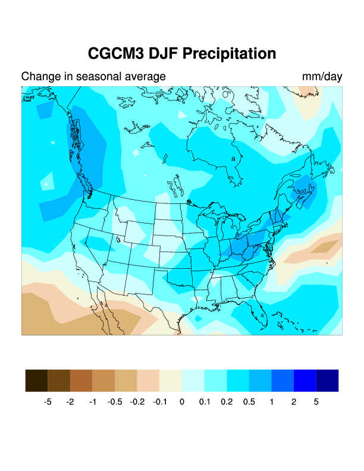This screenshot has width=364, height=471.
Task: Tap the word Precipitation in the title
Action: click(230, 54)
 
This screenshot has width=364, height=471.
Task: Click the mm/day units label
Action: click(322, 77)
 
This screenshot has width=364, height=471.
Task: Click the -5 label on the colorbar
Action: click(48, 402)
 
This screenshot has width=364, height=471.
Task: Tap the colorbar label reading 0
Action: click(182, 402)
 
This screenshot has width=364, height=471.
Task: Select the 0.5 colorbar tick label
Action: click(249, 402)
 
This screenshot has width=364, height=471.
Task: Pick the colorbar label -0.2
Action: click(137, 402)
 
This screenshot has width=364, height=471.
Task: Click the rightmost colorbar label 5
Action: click(316, 402)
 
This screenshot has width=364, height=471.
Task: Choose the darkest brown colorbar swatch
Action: click(36, 380)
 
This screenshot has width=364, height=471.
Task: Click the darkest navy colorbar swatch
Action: click(327, 380)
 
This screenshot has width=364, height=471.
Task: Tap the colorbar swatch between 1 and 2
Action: click(283, 380)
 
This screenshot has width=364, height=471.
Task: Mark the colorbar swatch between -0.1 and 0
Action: click(171, 380)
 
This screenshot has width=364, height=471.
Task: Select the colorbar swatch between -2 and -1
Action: click(81, 380)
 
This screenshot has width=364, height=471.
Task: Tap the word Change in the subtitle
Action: click(37, 77)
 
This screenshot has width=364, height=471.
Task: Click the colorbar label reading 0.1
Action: click(204, 402)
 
